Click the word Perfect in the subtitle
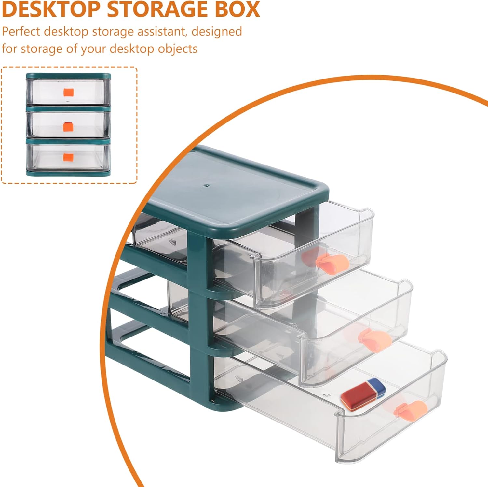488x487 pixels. click(21, 32)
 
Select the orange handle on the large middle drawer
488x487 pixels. click(375, 340)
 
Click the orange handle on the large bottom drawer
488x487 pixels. click(411, 410)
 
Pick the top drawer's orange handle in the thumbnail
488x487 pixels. click(68, 93)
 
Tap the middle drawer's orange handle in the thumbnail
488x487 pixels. click(68, 126)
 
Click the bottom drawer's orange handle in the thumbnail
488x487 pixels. click(68, 158)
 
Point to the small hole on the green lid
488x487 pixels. click(205, 186)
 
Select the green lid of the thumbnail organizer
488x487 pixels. click(68, 76)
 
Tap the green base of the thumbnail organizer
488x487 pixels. click(68, 173)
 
